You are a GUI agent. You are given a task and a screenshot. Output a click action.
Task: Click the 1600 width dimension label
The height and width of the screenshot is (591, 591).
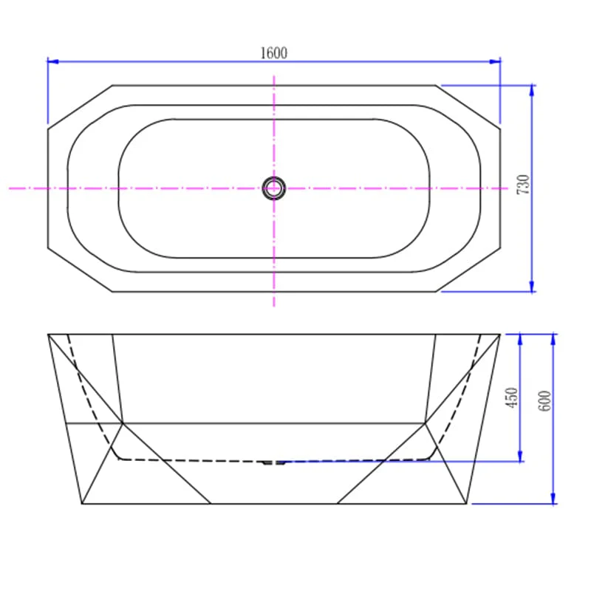coord(273,52)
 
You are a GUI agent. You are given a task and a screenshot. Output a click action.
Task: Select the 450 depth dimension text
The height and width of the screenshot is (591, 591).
coord(512,399)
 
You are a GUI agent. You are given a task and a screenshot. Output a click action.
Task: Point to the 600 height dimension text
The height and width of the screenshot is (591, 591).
coord(544,399)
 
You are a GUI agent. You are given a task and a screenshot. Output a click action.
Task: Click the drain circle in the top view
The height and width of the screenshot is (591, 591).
coord(274,188)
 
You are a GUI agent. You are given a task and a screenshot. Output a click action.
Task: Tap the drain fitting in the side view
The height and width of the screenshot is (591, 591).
coord(274,462)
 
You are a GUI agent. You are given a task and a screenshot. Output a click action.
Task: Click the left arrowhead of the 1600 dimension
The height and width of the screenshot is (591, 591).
coord(52,61)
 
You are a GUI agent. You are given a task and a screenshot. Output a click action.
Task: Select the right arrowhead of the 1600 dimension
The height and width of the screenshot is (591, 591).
coord(496,61)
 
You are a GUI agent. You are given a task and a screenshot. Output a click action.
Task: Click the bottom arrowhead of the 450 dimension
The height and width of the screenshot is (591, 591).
coord(521,457)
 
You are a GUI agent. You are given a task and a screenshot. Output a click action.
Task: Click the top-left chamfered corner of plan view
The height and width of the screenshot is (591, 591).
coord(80,108)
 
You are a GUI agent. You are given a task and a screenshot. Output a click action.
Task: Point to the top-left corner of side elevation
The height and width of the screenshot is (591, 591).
coord(49,335)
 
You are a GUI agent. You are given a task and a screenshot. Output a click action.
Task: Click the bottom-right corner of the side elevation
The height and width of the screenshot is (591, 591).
coord(467,504)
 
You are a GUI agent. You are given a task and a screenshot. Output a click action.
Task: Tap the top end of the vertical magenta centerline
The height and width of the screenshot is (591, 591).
coord(274,75)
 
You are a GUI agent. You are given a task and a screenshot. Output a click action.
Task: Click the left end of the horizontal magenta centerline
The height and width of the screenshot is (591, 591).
coord(11,188)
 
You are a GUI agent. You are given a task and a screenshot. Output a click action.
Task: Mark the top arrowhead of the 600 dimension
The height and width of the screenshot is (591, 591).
coord(553,338)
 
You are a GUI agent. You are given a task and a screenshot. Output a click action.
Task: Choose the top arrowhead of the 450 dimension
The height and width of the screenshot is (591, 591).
coord(521,338)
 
